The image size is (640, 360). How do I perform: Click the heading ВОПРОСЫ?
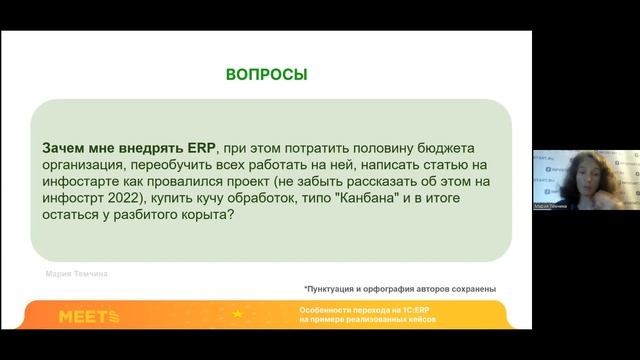pos(266,75)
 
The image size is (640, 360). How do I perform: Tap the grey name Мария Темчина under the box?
pos(79,271)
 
